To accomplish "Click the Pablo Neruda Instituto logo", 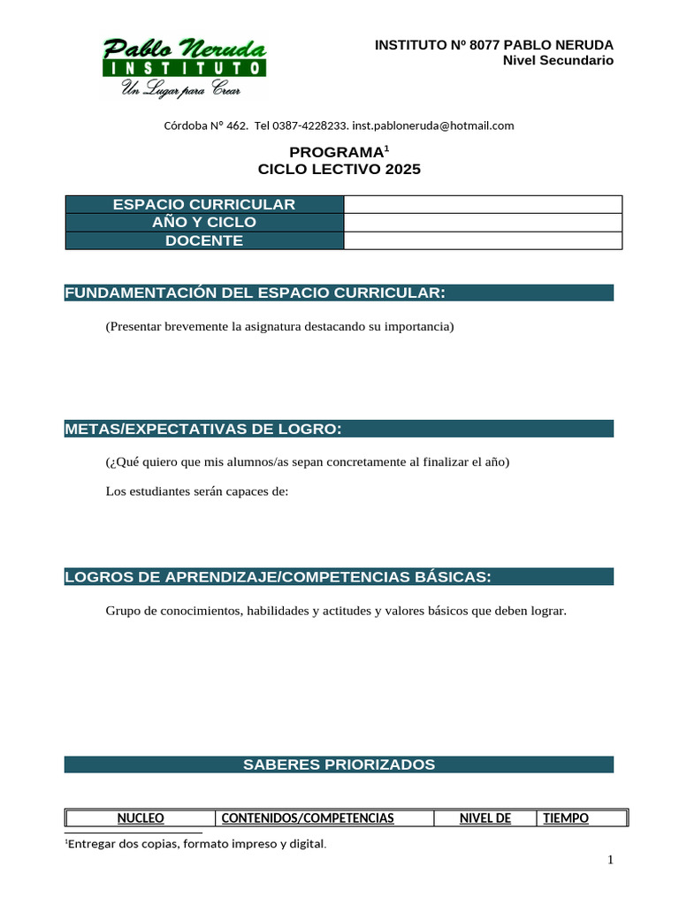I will coord(184,67).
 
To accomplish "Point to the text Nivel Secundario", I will coord(557,60).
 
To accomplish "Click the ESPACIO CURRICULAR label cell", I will coord(204,204).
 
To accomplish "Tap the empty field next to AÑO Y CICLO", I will coord(483,223).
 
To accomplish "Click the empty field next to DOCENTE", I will coord(483,240).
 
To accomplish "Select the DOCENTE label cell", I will coord(204,240).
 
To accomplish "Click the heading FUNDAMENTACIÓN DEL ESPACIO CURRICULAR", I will coord(255,293).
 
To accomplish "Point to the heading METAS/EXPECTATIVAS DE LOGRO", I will coord(203,430).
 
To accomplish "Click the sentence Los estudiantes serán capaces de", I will coord(197,491).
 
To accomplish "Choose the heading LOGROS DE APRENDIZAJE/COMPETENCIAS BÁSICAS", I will coord(278,577).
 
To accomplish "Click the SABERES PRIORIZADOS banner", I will coord(339,764).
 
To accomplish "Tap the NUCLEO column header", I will coord(141,818).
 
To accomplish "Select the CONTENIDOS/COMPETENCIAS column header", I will coord(307,818).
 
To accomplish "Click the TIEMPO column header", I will coord(566,818).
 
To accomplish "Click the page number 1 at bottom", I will coord(610,861).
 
